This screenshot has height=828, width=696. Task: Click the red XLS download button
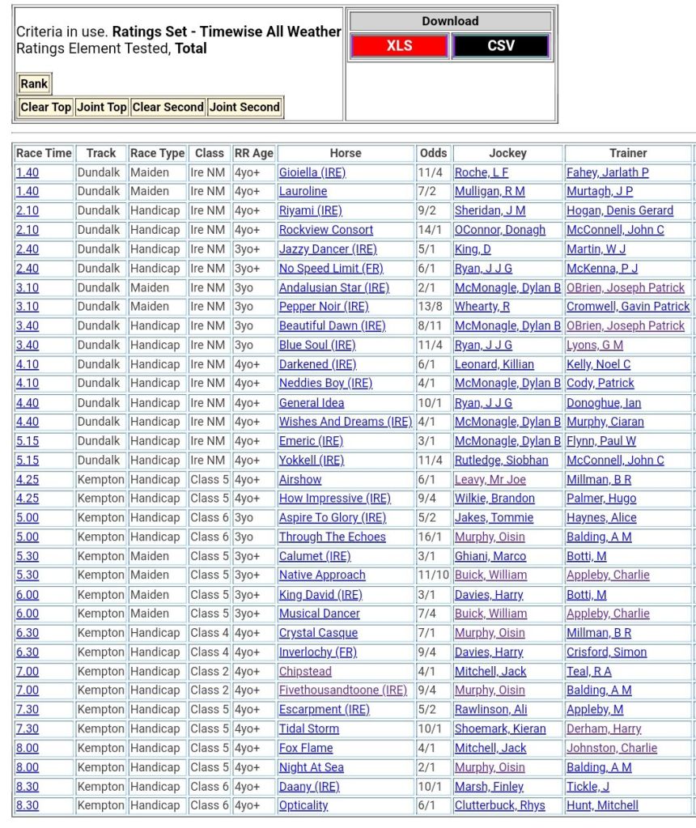coord(399,46)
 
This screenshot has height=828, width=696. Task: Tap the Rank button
coord(34,83)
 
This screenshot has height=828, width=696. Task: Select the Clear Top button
coord(45,107)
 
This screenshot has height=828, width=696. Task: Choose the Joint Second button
coord(244,107)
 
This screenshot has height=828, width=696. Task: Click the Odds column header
coord(433,153)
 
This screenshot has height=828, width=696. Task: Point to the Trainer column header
coord(628,153)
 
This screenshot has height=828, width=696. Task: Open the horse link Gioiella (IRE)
coord(312,172)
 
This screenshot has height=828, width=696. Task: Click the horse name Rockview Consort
coord(325,230)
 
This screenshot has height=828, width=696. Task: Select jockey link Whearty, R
coord(482,307)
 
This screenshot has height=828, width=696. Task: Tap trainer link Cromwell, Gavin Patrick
coord(628,307)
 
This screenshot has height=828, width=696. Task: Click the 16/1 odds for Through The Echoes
coord(430,537)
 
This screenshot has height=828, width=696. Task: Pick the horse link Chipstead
coord(305,671)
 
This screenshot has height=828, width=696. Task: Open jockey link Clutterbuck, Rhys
coord(499,805)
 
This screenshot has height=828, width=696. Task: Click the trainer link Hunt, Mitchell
coord(602,805)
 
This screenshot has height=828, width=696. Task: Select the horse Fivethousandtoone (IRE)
coord(342,690)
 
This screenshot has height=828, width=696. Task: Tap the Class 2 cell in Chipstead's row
coord(209,671)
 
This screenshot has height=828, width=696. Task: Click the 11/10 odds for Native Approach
coord(433,575)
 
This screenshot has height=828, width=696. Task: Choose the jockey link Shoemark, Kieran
coord(494,728)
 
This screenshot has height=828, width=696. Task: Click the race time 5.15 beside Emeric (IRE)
coord(27,441)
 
